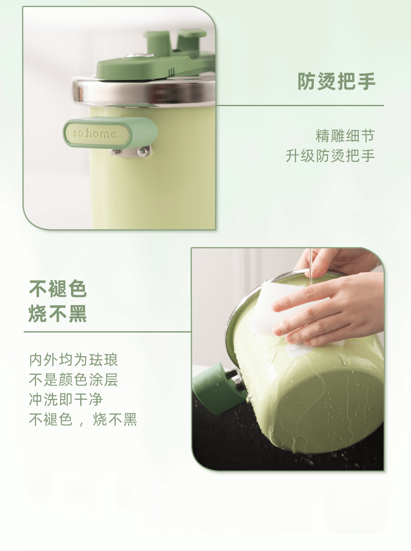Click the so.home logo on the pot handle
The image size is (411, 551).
pos(95,134)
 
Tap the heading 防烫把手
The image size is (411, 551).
pos(337,82)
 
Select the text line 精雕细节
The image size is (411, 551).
pos(345,136)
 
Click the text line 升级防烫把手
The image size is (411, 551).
pos(330,156)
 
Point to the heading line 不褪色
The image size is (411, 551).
pos(58,289)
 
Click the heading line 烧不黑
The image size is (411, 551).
pos(58,313)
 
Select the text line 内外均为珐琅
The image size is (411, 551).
pos(73,360)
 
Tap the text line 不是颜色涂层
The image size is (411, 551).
pos(73,380)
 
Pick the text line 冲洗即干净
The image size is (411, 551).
pos(66,399)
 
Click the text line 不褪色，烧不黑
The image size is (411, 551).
pos(83,420)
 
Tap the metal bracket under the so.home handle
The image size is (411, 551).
pos(131,152)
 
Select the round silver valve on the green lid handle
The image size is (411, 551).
pos(140,55)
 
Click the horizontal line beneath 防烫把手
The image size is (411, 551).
pos(300,105)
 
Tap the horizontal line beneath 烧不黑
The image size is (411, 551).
pos(108,332)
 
